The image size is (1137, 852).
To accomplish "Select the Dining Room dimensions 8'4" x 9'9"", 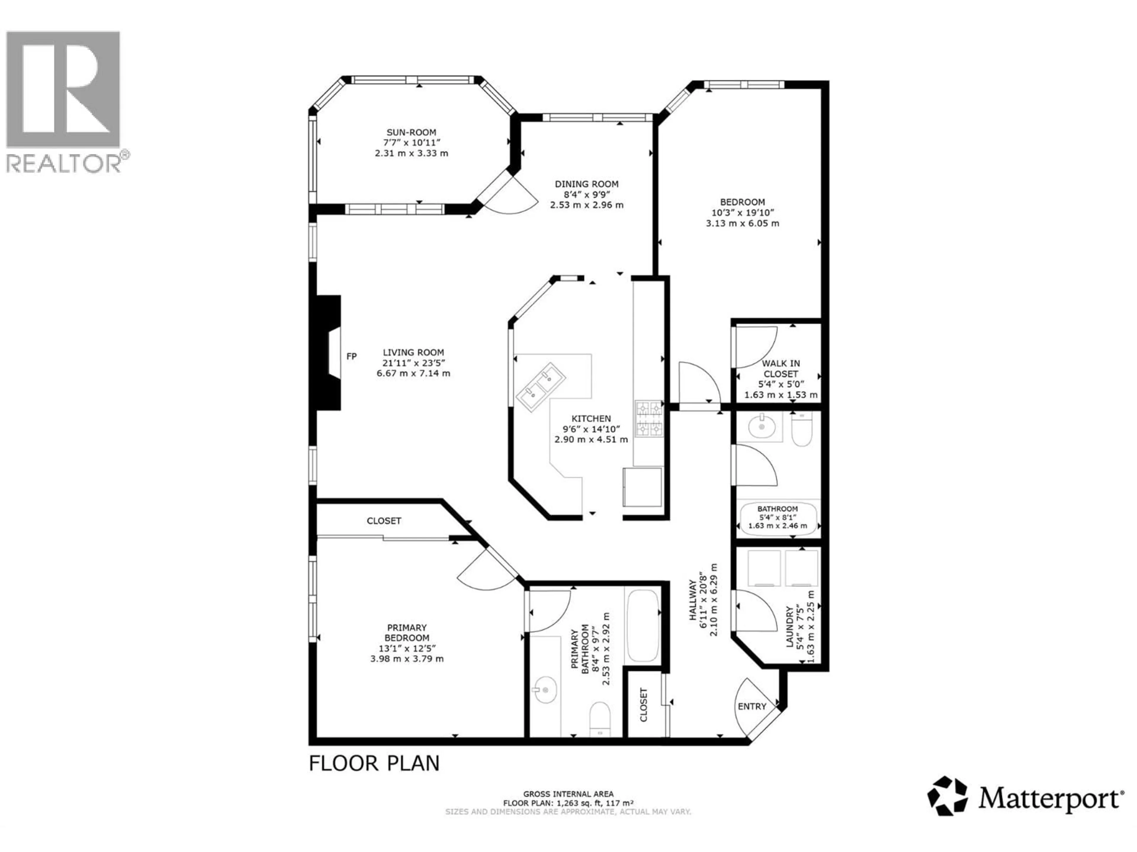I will coord(587,195).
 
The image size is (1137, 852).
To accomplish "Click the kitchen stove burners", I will coord(649,419).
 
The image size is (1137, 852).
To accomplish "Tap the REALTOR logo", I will coord(63,101).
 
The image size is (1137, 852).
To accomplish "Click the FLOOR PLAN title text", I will coord(374,764).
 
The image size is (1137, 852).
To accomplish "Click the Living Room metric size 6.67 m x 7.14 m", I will coord(413,373).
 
